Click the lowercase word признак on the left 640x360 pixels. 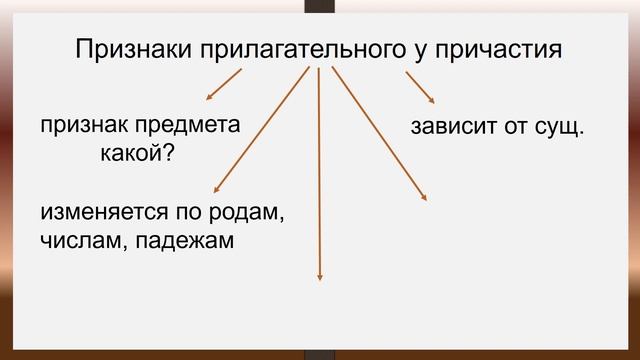pos(84,127)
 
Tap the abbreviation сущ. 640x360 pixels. pos(559,128)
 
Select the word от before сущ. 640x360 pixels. pos(513,128)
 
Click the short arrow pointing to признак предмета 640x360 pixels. pos(223,86)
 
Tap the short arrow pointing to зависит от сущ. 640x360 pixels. pos(420,87)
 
